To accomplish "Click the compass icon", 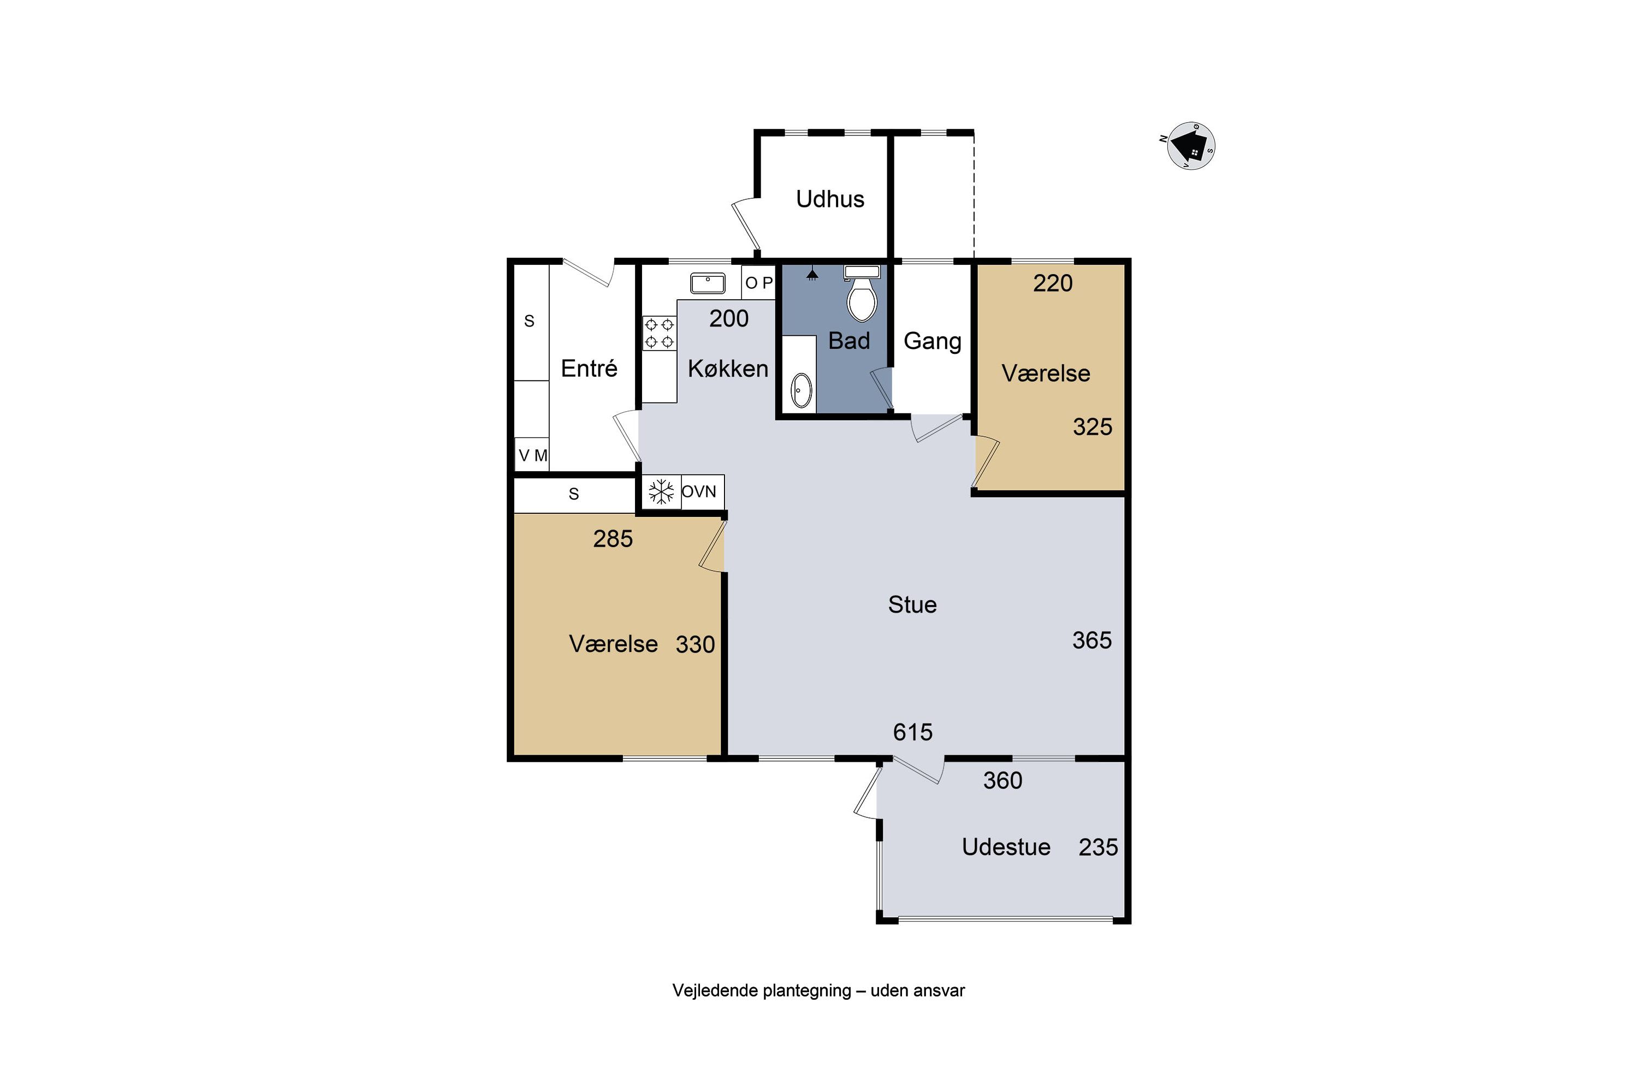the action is [x=1190, y=146].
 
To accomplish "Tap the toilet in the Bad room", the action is [x=862, y=293].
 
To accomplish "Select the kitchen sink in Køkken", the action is [x=708, y=283].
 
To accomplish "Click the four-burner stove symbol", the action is [x=659, y=333].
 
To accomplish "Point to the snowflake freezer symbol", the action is [x=661, y=492].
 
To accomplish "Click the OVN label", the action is [x=698, y=492].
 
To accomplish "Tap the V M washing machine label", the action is [x=533, y=455].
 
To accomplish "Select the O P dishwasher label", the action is [x=758, y=283].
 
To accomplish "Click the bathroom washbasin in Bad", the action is [x=802, y=391].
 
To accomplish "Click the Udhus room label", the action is [x=830, y=199].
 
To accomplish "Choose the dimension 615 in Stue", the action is [x=912, y=732].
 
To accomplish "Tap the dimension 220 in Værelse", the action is [x=1052, y=283].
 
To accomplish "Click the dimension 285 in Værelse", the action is [x=613, y=538].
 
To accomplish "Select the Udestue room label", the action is [x=1006, y=847].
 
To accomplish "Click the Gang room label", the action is [x=933, y=341].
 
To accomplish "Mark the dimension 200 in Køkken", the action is [x=728, y=318].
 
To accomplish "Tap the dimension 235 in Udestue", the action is [x=1098, y=847].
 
